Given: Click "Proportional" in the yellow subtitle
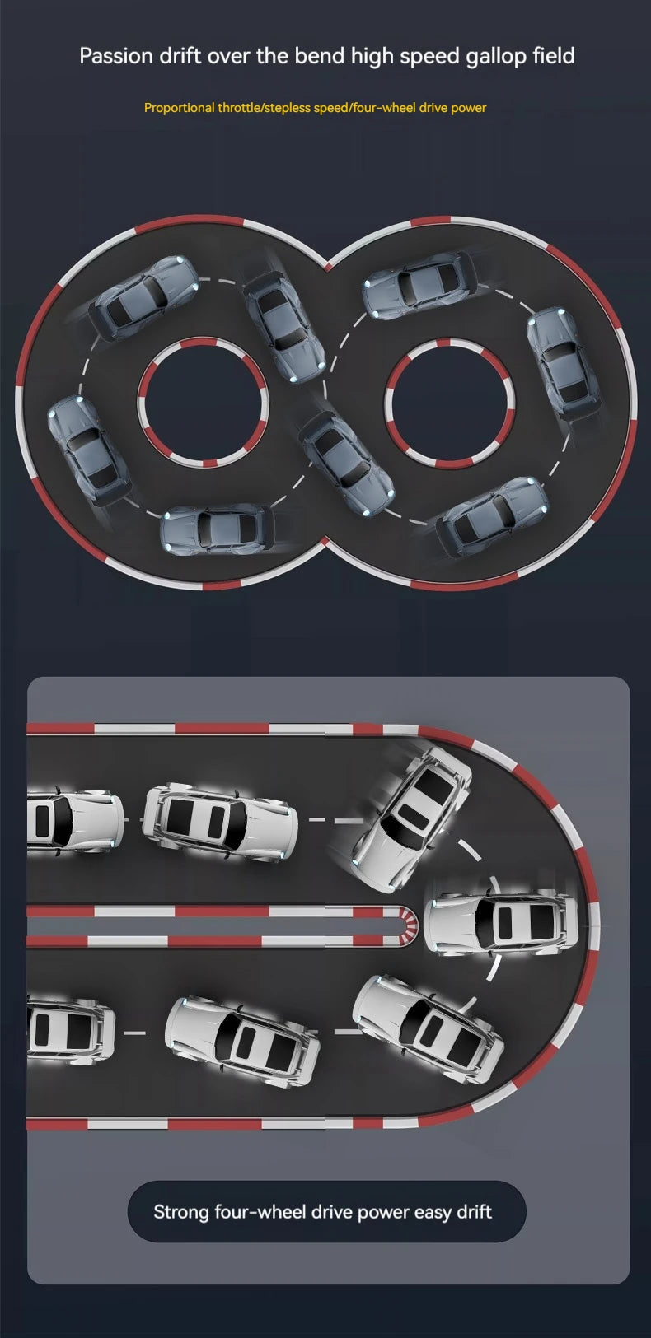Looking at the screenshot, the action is pyautogui.click(x=180, y=108).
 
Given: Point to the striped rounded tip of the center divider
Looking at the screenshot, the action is pyautogui.click(x=409, y=925).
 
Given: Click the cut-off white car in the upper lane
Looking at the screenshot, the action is pyautogui.click(x=75, y=820).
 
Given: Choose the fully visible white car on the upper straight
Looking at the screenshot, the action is pyautogui.click(x=220, y=817).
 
